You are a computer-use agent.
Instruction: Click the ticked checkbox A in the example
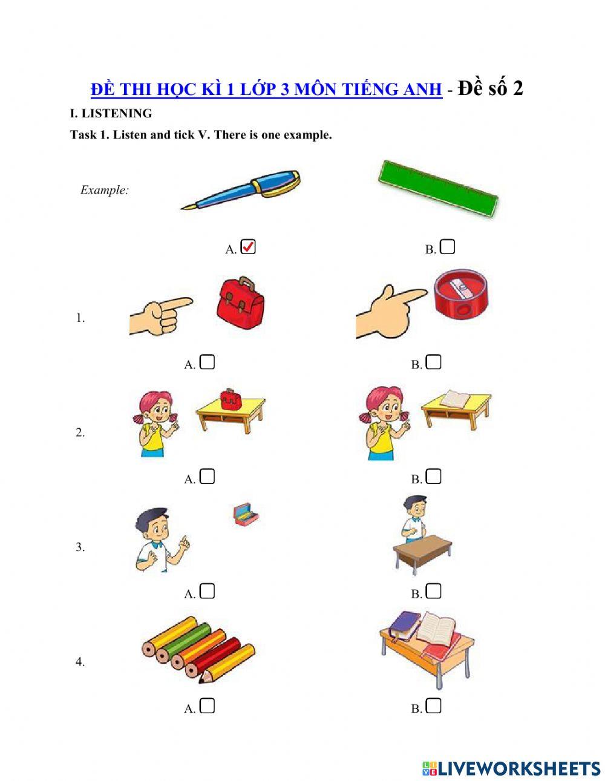pyautogui.click(x=248, y=247)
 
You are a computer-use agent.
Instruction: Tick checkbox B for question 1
pyautogui.click(x=434, y=362)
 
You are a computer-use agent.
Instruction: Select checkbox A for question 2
pyautogui.click(x=207, y=477)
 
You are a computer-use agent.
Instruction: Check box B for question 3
pyautogui.click(x=434, y=591)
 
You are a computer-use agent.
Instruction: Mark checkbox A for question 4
pyautogui.click(x=207, y=705)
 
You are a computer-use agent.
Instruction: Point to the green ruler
pyautogui.click(x=437, y=188)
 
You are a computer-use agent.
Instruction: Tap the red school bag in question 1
pyautogui.click(x=241, y=304)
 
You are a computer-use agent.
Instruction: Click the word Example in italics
pyautogui.click(x=105, y=190)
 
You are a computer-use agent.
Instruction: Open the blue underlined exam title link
pyautogui.click(x=266, y=90)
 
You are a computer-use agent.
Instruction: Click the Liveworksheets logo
pyautogui.click(x=511, y=768)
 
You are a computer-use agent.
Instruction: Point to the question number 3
pyautogui.click(x=80, y=547)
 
